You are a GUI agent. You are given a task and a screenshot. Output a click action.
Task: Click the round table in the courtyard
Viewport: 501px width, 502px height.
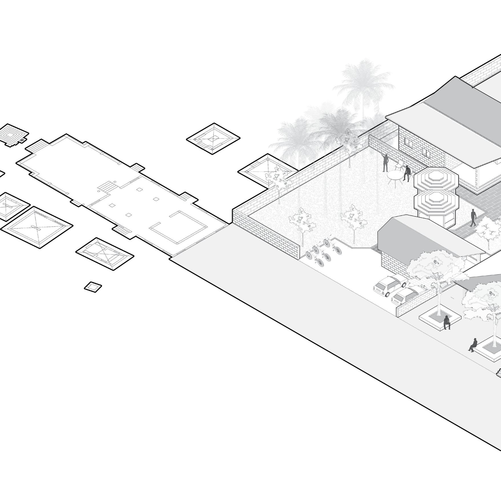pyautogui.click(x=394, y=175)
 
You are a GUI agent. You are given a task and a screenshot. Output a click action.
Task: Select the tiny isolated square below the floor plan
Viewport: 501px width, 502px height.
pyautogui.click(x=93, y=287)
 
